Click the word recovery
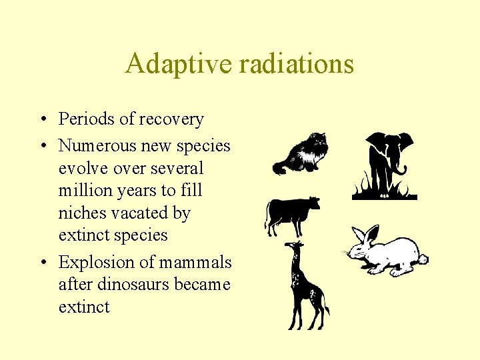pyautogui.click(x=171, y=119)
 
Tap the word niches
pyautogui.click(x=81, y=213)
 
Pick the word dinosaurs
pyautogui.click(x=126, y=285)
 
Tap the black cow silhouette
pyautogui.click(x=290, y=213)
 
